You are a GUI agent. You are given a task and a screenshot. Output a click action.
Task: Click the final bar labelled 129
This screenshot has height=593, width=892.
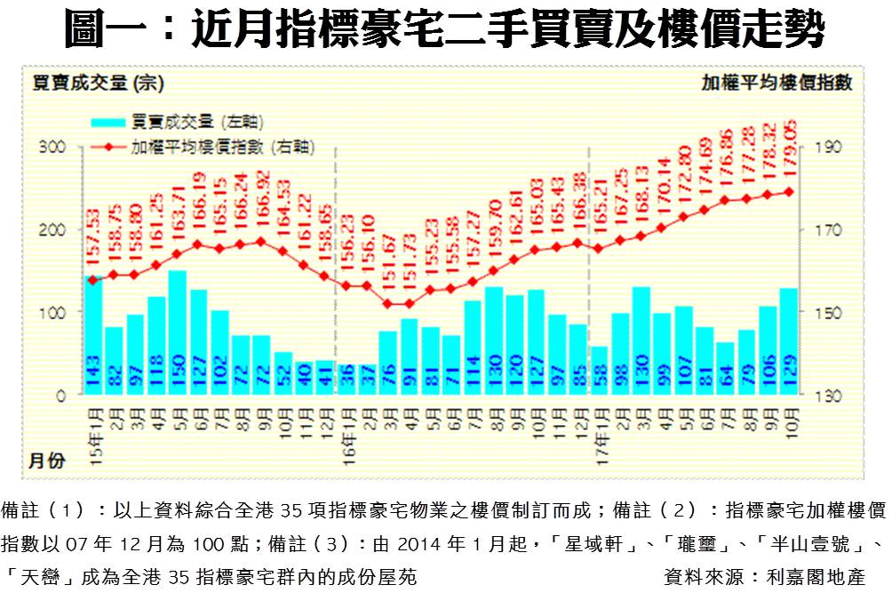pyautogui.click(x=788, y=342)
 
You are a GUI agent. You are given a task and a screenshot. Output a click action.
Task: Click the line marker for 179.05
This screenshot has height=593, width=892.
pyautogui.click(x=788, y=191)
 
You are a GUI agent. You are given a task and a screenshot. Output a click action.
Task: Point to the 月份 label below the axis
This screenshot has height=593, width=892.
pyautogui.click(x=46, y=461)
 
